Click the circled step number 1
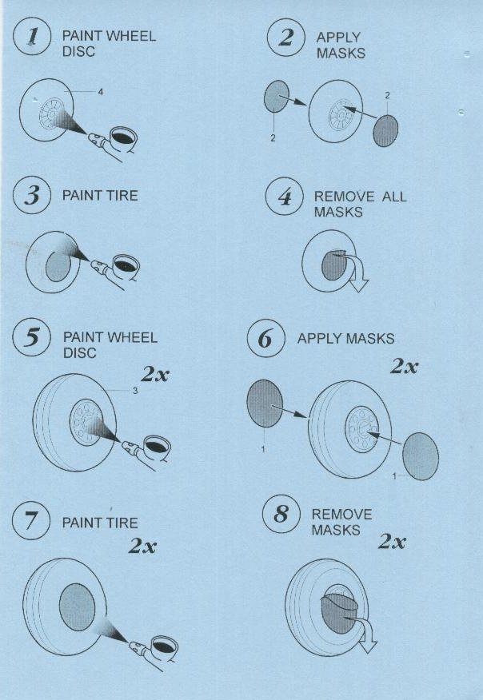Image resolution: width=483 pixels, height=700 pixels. click(32, 37)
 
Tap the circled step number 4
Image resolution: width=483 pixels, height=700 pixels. click(285, 197)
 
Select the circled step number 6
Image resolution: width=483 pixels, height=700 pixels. click(265, 338)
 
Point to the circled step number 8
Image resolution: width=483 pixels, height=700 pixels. click(281, 515)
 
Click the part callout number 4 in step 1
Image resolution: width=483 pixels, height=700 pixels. click(101, 92)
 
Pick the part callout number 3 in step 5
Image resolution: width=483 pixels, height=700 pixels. click(135, 391)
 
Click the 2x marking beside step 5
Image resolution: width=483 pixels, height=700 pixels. click(154, 375)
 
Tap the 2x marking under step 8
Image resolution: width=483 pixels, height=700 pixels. click(392, 542)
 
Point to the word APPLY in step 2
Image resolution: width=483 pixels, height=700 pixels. click(338, 37)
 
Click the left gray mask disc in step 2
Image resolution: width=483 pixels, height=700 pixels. click(277, 97)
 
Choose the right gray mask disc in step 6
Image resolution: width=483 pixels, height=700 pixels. click(421, 456)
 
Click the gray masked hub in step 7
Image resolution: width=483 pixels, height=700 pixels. click(78, 607)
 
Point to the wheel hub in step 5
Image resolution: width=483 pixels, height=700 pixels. click(86, 423)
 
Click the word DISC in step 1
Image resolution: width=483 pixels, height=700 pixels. click(78, 51)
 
